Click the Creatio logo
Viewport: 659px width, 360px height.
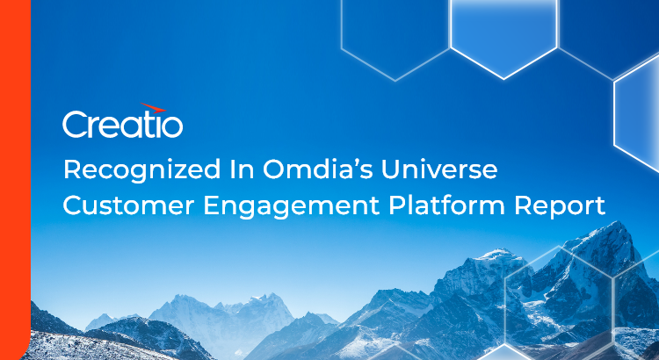point(122,124)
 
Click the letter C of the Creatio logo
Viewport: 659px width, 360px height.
point(74,124)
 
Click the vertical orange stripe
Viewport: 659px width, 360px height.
point(15,180)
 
